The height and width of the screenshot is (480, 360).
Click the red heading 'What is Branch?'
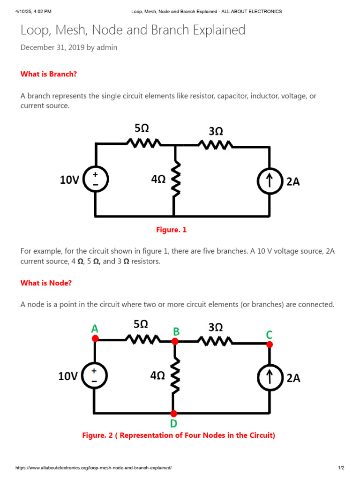(49, 74)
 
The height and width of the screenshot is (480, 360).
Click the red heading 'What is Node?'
(46, 283)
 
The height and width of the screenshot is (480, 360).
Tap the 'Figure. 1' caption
(171, 230)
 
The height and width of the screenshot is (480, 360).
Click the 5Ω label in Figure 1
(142, 127)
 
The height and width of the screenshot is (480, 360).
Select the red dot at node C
(270, 344)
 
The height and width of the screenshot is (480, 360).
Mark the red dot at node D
(174, 413)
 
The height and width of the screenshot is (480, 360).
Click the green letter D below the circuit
(173, 424)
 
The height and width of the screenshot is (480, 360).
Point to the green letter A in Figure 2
(95, 329)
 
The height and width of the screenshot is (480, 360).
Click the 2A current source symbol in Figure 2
(270, 378)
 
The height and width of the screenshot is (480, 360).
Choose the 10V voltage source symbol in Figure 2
(95, 376)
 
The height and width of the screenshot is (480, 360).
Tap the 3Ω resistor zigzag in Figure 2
(215, 340)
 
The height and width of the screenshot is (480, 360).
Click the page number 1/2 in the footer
(341, 468)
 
